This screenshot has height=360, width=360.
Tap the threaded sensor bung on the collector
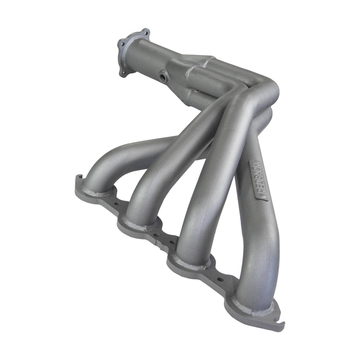click(163, 75)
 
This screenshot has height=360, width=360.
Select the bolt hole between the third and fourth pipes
click(220, 280)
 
